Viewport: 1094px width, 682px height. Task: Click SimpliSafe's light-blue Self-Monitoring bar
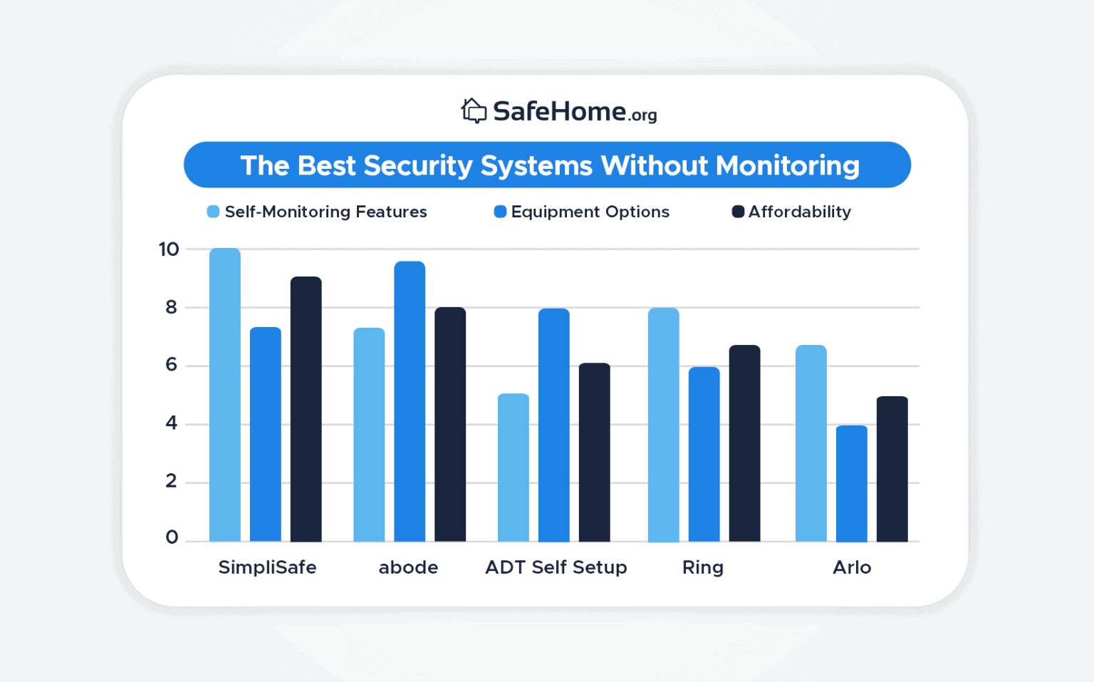(225, 396)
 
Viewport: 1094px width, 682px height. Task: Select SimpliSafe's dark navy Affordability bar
(306, 410)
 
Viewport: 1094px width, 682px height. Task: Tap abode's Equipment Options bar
(410, 402)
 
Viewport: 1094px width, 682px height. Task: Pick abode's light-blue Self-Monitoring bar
(369, 435)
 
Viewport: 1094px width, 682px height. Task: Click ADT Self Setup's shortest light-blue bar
(514, 467)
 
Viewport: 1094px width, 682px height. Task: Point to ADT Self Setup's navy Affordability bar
(595, 453)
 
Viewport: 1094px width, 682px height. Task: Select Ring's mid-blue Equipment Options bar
(704, 455)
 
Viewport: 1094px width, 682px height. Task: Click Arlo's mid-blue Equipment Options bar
(852, 484)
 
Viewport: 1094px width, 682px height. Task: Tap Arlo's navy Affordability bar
(892, 469)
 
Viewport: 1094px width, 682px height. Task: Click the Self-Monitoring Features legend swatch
(213, 212)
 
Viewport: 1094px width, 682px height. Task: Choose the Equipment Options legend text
(590, 212)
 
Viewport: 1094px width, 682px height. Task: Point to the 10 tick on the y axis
(169, 249)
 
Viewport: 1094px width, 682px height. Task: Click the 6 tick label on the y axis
(171, 365)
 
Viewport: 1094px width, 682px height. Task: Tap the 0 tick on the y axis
(172, 537)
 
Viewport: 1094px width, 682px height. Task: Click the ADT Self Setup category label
(556, 567)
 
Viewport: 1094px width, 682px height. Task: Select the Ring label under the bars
(702, 567)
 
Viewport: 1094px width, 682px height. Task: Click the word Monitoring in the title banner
(787, 165)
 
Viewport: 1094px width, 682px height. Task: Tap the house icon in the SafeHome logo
(474, 111)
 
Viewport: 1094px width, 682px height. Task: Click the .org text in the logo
(643, 115)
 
